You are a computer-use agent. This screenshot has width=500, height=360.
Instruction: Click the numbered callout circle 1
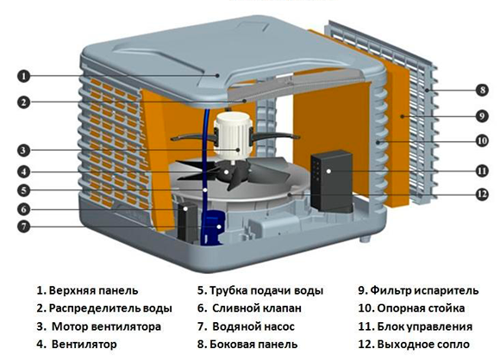[25, 76]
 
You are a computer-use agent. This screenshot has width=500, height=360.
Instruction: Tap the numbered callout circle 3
[25, 147]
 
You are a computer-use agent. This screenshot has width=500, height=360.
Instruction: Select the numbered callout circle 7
[25, 227]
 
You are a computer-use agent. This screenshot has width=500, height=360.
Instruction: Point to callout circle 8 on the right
[481, 89]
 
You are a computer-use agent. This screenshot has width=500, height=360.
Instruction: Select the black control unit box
[331, 176]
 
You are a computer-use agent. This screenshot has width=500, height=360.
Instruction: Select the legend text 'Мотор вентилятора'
[104, 326]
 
